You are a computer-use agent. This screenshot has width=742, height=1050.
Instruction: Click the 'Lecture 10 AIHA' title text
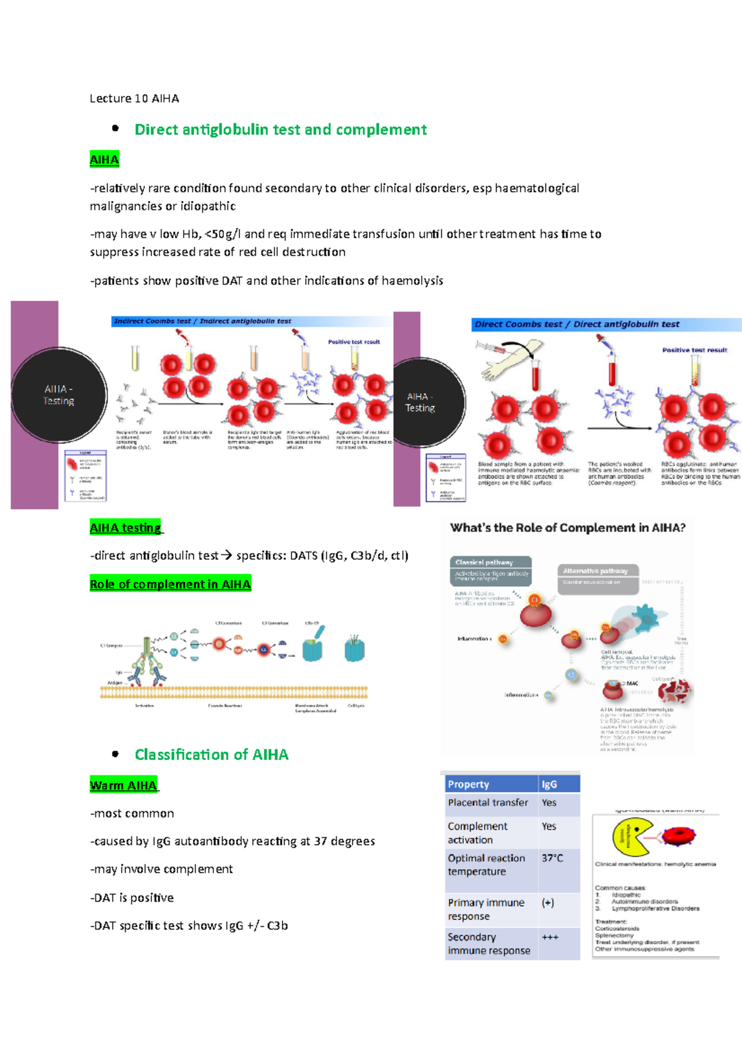coord(134,98)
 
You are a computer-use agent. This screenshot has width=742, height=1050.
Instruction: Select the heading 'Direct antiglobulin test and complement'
coord(280,129)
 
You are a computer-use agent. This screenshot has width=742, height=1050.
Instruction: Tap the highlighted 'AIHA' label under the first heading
coord(104,160)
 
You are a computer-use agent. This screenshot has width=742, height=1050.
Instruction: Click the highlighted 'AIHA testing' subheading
coord(126,527)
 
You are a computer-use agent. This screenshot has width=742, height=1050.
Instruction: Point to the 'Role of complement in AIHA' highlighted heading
coord(170,584)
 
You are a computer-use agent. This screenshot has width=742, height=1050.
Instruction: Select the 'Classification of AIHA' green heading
coord(211,754)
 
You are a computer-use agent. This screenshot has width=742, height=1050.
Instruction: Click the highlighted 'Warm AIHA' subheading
coord(123,785)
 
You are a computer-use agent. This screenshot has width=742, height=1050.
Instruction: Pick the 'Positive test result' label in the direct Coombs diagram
coord(694,350)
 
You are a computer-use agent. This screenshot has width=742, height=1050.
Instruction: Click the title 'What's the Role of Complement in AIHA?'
coord(568,527)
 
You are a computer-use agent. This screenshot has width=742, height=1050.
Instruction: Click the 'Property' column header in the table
coord(469,784)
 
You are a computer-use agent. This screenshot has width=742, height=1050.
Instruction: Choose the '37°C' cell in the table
coord(552,858)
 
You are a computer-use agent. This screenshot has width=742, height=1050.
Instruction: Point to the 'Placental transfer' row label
coord(488,803)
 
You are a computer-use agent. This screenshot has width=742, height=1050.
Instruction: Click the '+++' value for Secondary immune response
coord(550,937)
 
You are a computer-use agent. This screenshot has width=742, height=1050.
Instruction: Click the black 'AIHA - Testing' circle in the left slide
coord(59,395)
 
